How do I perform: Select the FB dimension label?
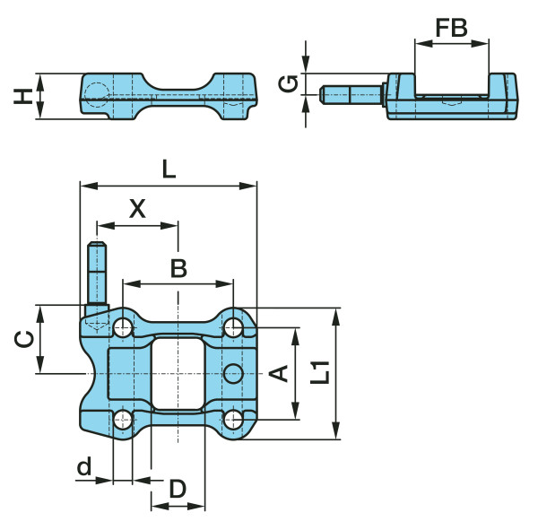(451, 28)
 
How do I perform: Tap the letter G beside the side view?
(287, 84)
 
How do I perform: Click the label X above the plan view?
(136, 210)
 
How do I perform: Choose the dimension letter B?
(178, 267)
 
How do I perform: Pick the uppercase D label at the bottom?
(178, 489)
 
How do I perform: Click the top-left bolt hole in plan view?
(123, 327)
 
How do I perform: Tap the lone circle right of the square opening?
(233, 371)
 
